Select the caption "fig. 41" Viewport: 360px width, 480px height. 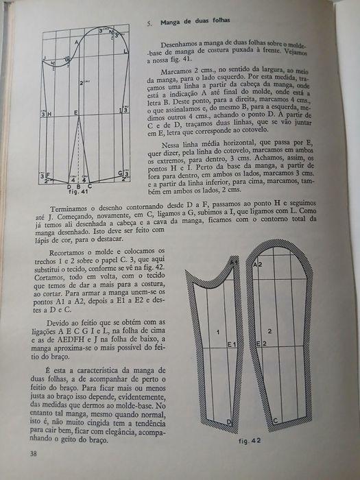pyautogui.click(x=81, y=191)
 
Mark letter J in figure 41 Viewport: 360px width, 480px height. pyautogui.click(x=43, y=58)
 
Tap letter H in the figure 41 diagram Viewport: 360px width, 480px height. pyautogui.click(x=49, y=112)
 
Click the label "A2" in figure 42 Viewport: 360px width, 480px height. pyautogui.click(x=259, y=263)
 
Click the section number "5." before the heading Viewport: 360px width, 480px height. pyautogui.click(x=149, y=23)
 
